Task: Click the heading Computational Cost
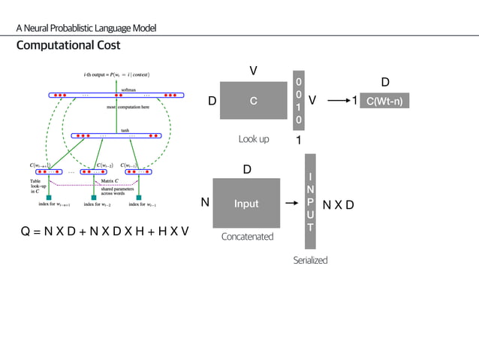[x=68, y=46]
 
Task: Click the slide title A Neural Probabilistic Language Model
[x=86, y=29]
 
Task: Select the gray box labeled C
[x=253, y=101]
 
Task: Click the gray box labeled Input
[x=246, y=204]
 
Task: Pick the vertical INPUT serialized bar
[x=311, y=201]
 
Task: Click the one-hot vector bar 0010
[x=299, y=100]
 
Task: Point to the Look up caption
[x=253, y=138]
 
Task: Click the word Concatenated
[x=247, y=237]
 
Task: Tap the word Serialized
[x=310, y=260]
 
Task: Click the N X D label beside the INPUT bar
[x=339, y=204]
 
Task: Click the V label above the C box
[x=253, y=71]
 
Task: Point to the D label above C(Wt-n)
[x=385, y=81]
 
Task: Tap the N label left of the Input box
[x=204, y=203]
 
